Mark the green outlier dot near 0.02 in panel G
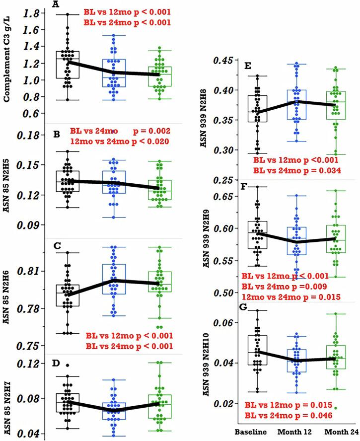336,407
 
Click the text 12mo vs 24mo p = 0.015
291,296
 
